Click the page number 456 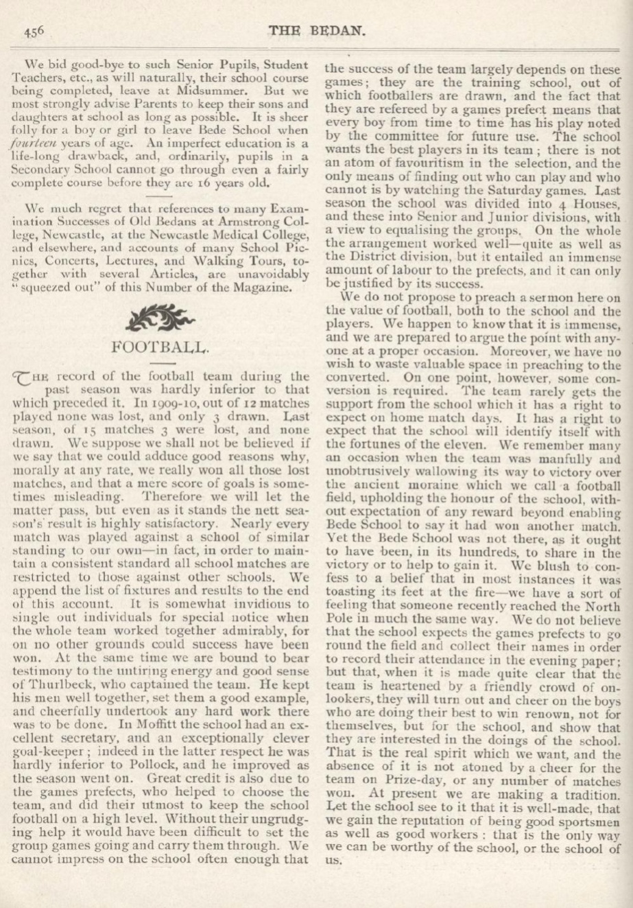[34, 30]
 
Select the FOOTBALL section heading [162, 345]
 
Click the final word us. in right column [333, 858]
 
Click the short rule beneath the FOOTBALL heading [162, 361]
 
